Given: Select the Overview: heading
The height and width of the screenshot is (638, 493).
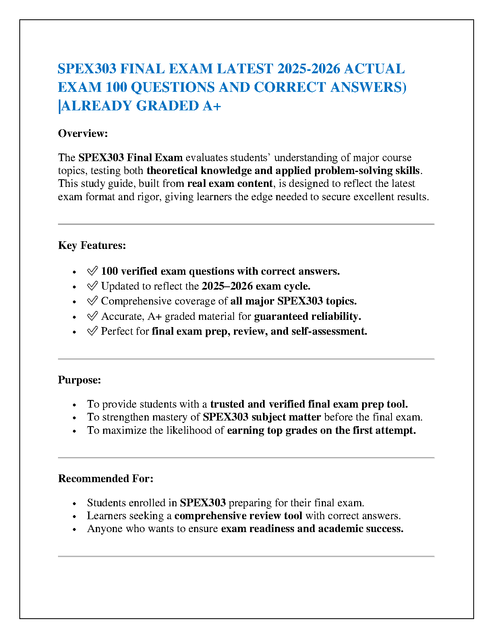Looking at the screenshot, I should pyautogui.click(x=83, y=133).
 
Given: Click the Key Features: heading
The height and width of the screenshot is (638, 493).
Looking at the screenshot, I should pyautogui.click(x=92, y=245).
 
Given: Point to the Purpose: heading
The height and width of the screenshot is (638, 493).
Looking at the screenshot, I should pyautogui.click(x=79, y=380).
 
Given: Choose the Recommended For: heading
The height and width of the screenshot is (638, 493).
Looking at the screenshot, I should pyautogui.click(x=106, y=478).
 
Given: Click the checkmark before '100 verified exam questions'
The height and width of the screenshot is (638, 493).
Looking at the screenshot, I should pyautogui.click(x=92, y=271).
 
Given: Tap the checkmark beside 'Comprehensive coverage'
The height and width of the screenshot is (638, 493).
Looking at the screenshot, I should pyautogui.click(x=92, y=301).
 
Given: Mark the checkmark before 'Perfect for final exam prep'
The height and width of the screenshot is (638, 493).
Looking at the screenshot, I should pyautogui.click(x=92, y=331).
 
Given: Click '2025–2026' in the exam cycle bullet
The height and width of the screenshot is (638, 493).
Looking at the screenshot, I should pyautogui.click(x=227, y=286).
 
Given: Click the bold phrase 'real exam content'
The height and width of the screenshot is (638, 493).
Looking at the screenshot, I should pyautogui.click(x=230, y=184).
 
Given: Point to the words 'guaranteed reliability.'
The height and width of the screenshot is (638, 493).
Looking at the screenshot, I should pyautogui.click(x=307, y=316).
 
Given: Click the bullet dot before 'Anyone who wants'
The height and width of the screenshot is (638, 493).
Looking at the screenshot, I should pyautogui.click(x=75, y=529).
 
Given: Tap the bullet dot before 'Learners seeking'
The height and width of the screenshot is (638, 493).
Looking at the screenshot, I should pyautogui.click(x=75, y=516).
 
